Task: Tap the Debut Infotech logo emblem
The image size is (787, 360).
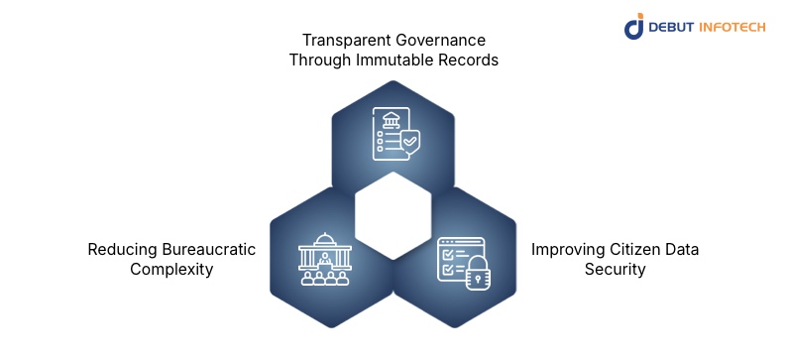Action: click(x=635, y=26)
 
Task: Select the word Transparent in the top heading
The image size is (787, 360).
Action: click(x=337, y=41)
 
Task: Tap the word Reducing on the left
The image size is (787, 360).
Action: click(x=121, y=249)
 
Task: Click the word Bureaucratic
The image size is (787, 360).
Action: click(x=206, y=249)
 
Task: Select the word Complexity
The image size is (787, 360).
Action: click(x=171, y=269)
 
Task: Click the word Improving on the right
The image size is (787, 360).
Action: click(x=566, y=249)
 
